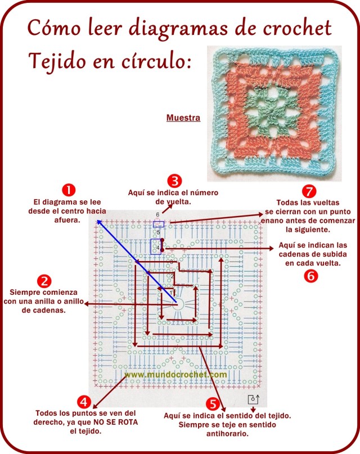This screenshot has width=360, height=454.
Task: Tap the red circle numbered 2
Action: pos(44,280)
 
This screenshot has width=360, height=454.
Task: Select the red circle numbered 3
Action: pos(175,181)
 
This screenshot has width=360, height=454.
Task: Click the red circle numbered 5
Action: pos(212,403)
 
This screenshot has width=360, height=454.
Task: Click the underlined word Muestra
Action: pos(183,118)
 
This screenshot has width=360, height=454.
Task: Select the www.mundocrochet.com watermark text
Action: pos(175,374)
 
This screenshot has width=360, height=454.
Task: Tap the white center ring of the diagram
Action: pos(179,304)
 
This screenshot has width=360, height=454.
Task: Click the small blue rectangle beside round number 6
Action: pos(159,224)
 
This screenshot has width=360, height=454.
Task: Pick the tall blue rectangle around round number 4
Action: pos(155,246)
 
